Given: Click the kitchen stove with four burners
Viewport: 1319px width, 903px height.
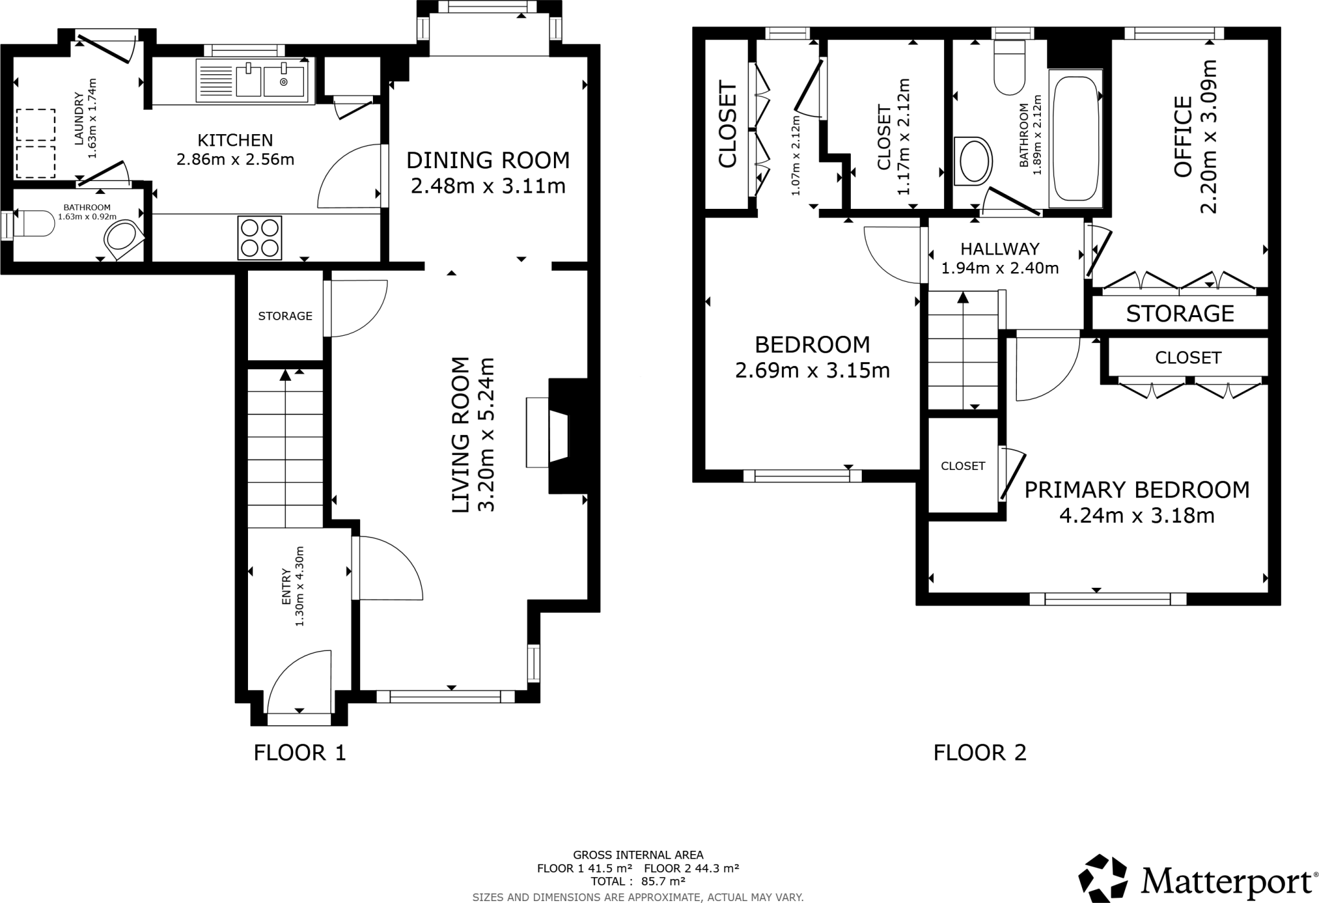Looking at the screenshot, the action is (x=260, y=237).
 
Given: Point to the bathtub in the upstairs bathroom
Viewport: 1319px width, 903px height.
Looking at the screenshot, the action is (x=1075, y=139).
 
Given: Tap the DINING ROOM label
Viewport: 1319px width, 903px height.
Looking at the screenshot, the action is (x=488, y=160).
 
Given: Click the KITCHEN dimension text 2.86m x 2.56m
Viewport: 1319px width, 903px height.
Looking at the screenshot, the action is (x=236, y=159).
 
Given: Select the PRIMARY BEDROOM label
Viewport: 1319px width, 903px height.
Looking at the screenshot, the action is (x=1137, y=490).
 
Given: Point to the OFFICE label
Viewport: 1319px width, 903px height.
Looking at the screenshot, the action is (x=1182, y=137).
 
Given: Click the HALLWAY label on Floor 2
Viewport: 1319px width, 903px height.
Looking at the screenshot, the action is (x=1000, y=249).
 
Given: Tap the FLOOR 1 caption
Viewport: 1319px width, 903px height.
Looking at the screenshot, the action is (x=300, y=752).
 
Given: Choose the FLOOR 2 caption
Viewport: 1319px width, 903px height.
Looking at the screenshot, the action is (x=980, y=752).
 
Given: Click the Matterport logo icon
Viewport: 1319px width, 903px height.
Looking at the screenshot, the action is (x=1104, y=878).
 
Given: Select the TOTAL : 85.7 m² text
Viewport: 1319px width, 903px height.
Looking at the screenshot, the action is (x=638, y=881).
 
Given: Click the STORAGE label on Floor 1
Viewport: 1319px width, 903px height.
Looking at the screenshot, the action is (x=285, y=316).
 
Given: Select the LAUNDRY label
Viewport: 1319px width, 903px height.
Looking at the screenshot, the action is (x=79, y=119).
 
